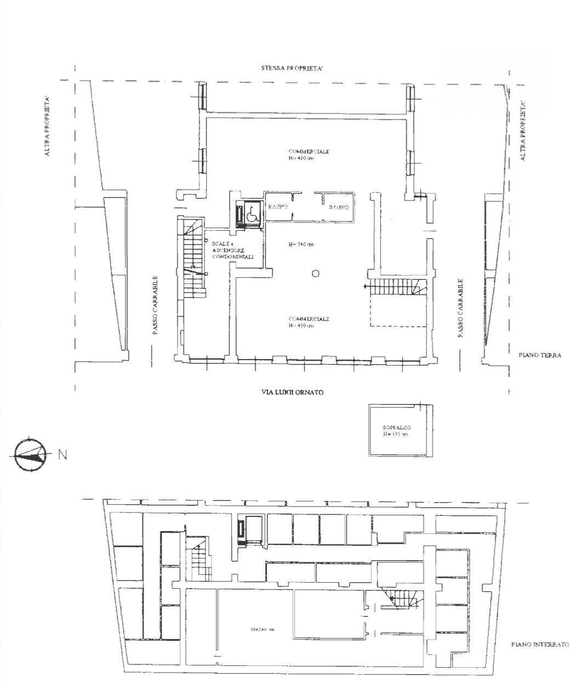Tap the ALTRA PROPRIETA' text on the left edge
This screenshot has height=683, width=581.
(x=48, y=127)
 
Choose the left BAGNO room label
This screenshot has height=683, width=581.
(x=278, y=207)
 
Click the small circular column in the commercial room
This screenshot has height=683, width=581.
(x=315, y=273)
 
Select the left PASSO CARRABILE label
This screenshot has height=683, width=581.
(x=156, y=305)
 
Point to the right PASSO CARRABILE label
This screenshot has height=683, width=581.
(x=461, y=308)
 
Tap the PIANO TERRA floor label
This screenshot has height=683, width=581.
(x=539, y=355)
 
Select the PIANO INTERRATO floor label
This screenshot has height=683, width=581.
(x=539, y=645)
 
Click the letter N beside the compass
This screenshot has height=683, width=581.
(x=62, y=454)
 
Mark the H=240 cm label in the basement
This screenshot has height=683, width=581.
(x=262, y=630)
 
